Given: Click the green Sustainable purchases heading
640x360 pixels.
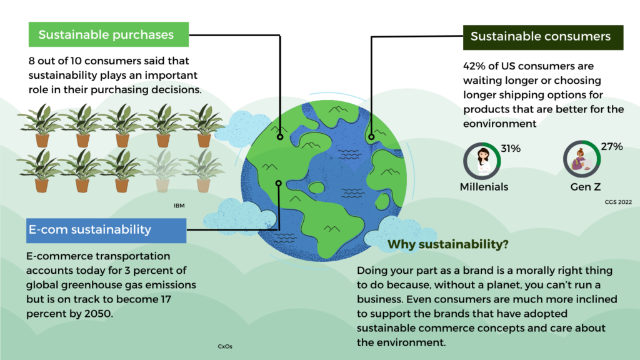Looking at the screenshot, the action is (x=109, y=34).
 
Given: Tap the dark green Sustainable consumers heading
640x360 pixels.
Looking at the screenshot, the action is (x=543, y=37).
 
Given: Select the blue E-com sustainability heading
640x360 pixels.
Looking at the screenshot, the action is (x=106, y=230).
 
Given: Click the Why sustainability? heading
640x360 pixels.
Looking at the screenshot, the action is (x=447, y=244).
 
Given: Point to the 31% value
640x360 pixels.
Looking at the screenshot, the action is (x=511, y=149).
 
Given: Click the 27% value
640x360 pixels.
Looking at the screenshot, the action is (x=611, y=146).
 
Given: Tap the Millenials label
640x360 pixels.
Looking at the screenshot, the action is (x=484, y=187).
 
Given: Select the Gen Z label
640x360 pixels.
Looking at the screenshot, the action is (x=585, y=187).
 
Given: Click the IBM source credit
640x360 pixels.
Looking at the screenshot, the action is (x=179, y=206).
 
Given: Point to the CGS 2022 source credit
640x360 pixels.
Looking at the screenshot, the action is (x=618, y=202).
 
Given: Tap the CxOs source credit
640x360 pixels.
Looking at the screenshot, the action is (x=225, y=346).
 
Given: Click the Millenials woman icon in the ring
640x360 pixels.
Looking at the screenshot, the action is (x=483, y=161).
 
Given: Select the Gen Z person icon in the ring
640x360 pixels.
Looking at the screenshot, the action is (x=581, y=159).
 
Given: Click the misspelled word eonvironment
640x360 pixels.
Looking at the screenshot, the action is (x=499, y=124).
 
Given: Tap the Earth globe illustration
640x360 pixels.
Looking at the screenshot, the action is (x=324, y=180).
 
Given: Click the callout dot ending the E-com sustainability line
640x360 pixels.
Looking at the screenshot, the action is (x=278, y=183).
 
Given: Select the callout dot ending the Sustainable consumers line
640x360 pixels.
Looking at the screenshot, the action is (x=371, y=137).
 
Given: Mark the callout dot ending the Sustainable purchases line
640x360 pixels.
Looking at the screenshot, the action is (x=280, y=137).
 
